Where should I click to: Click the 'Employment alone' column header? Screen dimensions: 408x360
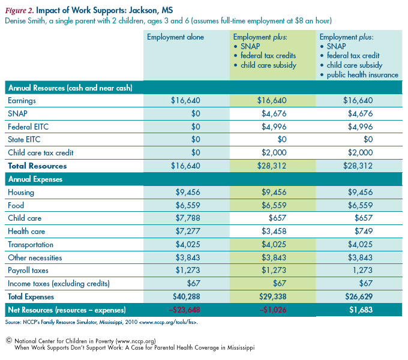pos(175,37)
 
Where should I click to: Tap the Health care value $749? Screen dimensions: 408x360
pos(364,231)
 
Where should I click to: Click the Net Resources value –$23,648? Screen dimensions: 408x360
pos(184,310)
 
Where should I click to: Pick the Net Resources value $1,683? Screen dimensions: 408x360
pos(361,310)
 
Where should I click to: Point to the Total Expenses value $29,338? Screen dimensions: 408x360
pos(272,296)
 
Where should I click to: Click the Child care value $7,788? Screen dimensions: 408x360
pos(188,218)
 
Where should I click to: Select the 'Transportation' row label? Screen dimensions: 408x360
pos(31,245)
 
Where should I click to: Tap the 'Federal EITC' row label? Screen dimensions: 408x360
pos(28,127)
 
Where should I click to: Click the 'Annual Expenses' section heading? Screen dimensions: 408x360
pos(35,179)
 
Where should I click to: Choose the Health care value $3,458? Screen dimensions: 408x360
pos(274,231)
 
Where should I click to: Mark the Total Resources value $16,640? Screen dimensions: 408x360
pos(185,166)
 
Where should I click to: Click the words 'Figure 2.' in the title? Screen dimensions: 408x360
pos(20,11)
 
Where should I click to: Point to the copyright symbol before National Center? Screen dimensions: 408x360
pos(9,340)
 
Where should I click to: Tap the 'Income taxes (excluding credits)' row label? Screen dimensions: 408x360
pos(59,284)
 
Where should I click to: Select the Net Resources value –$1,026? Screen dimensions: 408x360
pos(272,310)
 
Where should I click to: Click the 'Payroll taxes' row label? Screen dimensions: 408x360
pos(28,271)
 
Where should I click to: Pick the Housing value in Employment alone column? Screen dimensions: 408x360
pos(188,192)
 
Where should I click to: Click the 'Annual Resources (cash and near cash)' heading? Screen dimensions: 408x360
pos(70,88)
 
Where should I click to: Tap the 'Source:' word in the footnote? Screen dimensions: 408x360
pos(13,322)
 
